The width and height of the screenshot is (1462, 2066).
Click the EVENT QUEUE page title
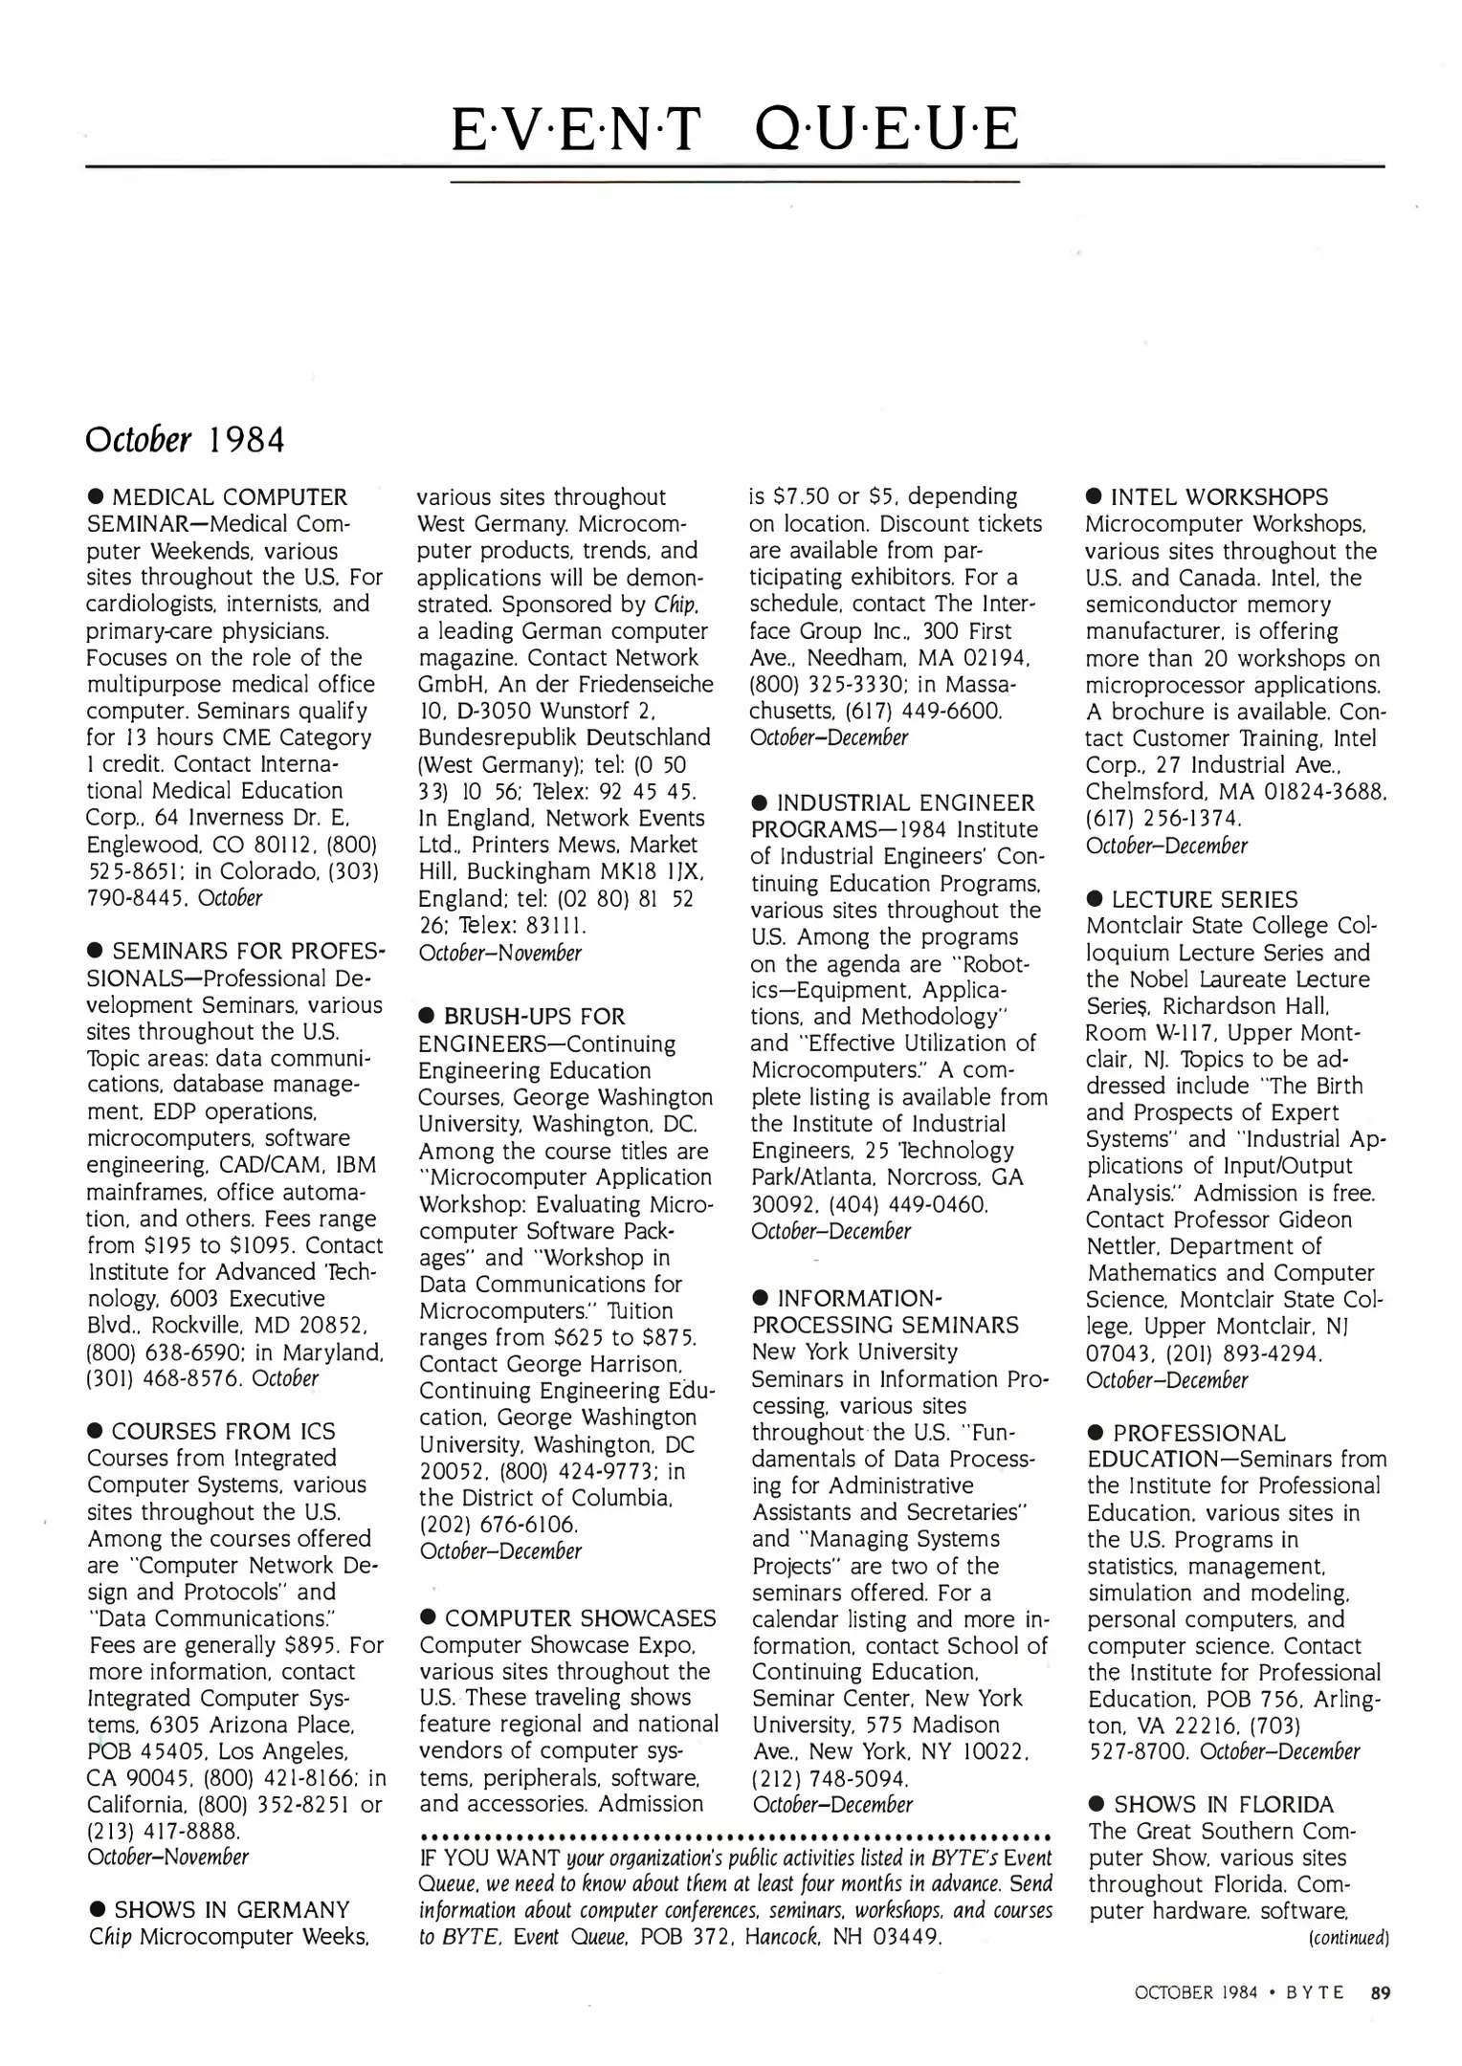click(734, 131)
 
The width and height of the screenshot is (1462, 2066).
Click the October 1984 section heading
click(185, 439)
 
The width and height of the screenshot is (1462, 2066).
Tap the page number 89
click(1380, 1993)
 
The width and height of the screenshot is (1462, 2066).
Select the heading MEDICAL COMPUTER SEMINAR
click(230, 497)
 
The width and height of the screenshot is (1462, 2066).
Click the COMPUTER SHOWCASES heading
click(580, 1618)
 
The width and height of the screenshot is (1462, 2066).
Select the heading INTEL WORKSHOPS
click(1219, 497)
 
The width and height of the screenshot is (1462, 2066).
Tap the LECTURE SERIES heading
click(1204, 900)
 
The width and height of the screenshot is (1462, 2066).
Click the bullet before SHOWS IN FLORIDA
click(1096, 1805)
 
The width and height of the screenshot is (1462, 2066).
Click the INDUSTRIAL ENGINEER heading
click(905, 803)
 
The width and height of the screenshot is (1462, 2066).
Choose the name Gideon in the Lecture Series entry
click(1315, 1220)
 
